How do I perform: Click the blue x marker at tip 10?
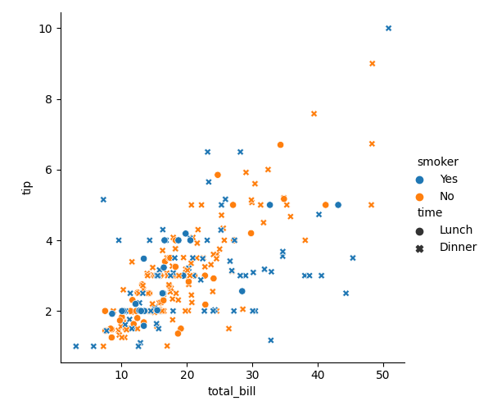click(388, 28)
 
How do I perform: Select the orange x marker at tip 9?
click(372, 63)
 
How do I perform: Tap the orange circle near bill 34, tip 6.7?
click(280, 144)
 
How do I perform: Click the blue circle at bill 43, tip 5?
click(337, 205)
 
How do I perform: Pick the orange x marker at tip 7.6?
click(314, 114)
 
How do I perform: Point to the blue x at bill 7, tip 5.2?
click(103, 199)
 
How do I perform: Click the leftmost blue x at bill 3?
click(76, 346)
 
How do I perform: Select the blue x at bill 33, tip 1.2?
click(271, 340)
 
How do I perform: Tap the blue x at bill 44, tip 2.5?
click(346, 293)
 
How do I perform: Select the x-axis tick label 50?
click(382, 375)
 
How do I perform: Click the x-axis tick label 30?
click(252, 375)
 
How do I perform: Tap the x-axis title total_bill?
click(232, 392)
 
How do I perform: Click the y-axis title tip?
click(28, 187)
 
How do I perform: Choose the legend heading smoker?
click(437, 162)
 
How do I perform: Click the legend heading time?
click(430, 213)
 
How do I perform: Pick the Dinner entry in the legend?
click(458, 248)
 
